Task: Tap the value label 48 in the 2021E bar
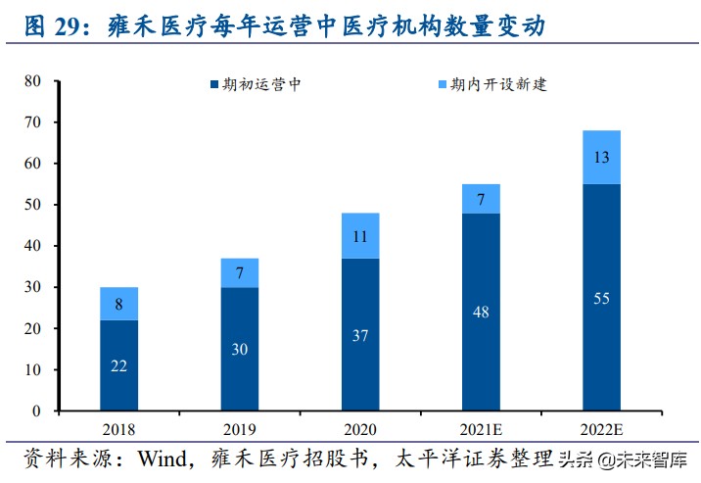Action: (x=480, y=313)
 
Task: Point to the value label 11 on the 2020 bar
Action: (x=359, y=236)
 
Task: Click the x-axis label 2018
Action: (x=117, y=429)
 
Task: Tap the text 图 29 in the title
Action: (x=47, y=26)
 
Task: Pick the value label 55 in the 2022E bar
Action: (x=600, y=298)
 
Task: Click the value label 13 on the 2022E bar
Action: (x=600, y=158)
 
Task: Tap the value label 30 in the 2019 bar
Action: (x=239, y=350)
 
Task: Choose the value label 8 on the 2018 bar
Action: (x=118, y=304)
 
